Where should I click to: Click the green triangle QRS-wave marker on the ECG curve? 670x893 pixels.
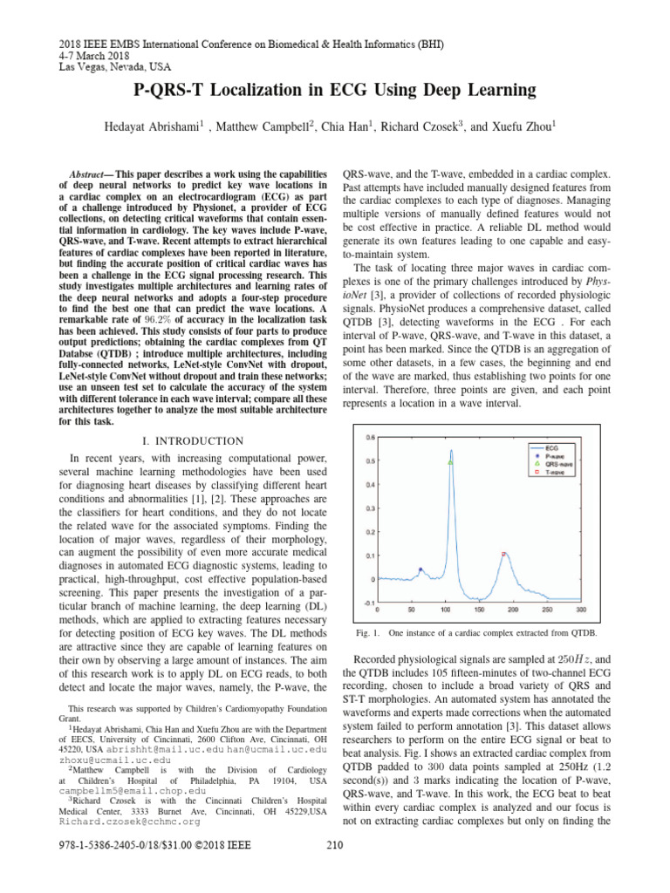[x=450, y=462]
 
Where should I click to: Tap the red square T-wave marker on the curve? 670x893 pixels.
[x=503, y=554]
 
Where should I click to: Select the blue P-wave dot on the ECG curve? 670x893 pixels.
[x=420, y=569]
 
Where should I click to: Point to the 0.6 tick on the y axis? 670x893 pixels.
[x=371, y=437]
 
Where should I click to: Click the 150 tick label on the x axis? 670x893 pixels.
[x=479, y=610]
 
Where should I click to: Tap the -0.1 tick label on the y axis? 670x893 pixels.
[x=370, y=603]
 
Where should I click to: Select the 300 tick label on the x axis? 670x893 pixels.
[x=580, y=610]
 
